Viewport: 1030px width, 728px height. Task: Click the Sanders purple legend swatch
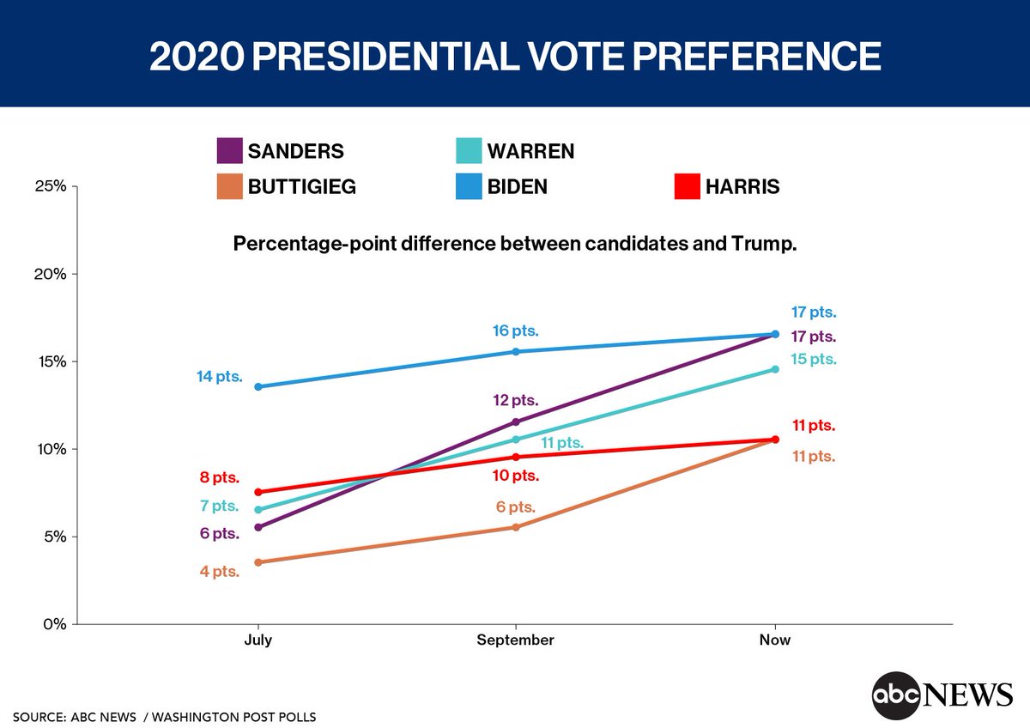click(229, 151)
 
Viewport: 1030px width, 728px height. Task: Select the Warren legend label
click(530, 151)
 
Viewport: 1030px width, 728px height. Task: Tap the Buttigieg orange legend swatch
click(229, 186)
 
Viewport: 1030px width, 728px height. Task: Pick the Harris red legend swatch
click(687, 186)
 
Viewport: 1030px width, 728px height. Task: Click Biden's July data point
click(258, 386)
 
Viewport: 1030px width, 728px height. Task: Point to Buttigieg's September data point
click(516, 527)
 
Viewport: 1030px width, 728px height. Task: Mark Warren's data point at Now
click(775, 369)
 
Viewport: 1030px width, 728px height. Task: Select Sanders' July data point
click(258, 527)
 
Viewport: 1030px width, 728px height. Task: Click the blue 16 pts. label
click(514, 331)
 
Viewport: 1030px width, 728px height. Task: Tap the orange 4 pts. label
click(220, 572)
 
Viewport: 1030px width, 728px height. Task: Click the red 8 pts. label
click(220, 478)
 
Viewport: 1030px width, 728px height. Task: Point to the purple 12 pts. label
click(514, 400)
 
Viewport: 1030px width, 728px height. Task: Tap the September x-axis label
click(516, 640)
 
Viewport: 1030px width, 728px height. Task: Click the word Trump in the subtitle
click(769, 244)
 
